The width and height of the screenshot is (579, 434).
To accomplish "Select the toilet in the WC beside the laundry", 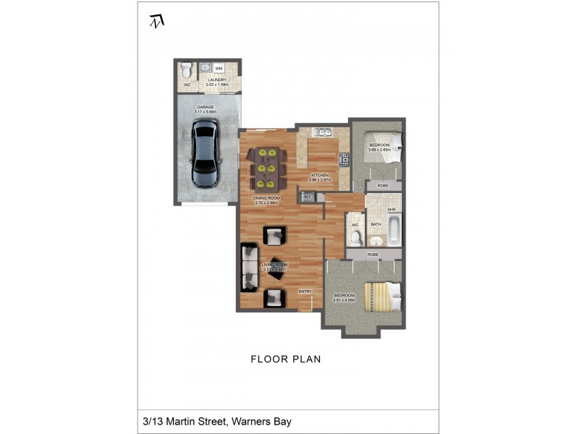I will pyautogui.click(x=187, y=71).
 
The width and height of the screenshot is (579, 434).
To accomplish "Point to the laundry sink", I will pyautogui.click(x=204, y=67).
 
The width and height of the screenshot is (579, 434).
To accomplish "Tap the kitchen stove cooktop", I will pyautogui.click(x=344, y=160).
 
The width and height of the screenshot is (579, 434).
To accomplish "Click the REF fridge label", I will pyautogui.click(x=308, y=196).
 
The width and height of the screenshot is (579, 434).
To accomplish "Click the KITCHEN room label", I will pyautogui.click(x=320, y=175).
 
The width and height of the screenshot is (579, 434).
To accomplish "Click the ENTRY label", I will pyautogui.click(x=305, y=292).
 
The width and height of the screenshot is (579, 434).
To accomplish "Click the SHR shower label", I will pyautogui.click(x=392, y=210).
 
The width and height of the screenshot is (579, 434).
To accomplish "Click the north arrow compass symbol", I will pyautogui.click(x=156, y=21).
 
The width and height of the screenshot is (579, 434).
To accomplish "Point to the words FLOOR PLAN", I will pyautogui.click(x=285, y=359).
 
